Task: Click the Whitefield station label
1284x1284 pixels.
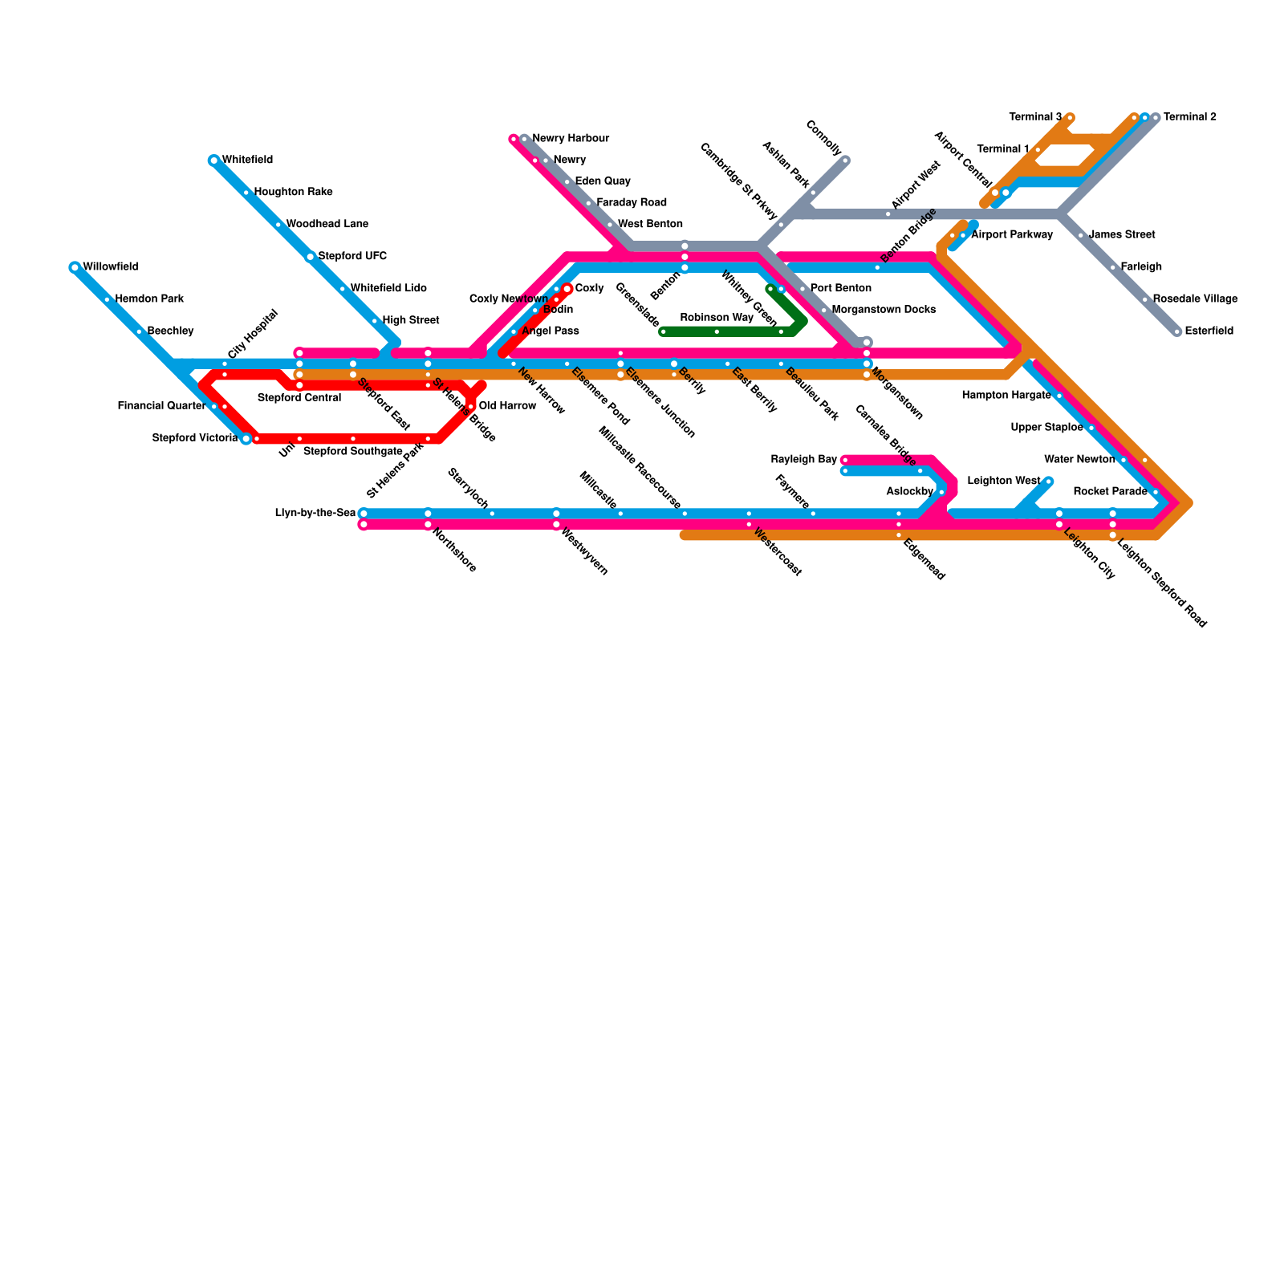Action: (247, 160)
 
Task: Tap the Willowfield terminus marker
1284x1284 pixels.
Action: (75, 267)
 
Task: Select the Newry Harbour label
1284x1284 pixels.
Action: (571, 139)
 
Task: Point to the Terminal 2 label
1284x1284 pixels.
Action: (1189, 117)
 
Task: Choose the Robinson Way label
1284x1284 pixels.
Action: (717, 318)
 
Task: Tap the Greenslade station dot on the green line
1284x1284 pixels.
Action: (663, 331)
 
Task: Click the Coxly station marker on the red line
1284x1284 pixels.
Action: (567, 289)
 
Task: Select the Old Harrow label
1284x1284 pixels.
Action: (507, 406)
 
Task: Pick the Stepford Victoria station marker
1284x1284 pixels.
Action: (246, 439)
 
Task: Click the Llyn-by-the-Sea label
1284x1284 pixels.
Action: (315, 514)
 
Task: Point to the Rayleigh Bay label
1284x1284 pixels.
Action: (803, 460)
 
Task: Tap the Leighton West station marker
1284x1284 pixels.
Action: (1048, 481)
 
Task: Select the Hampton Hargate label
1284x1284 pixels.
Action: (1006, 396)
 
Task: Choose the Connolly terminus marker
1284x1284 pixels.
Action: (845, 160)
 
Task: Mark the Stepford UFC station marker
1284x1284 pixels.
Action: (311, 257)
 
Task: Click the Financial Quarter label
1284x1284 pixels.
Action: (161, 406)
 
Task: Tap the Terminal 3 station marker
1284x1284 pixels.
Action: (1070, 118)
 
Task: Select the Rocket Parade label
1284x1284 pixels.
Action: (1110, 492)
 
